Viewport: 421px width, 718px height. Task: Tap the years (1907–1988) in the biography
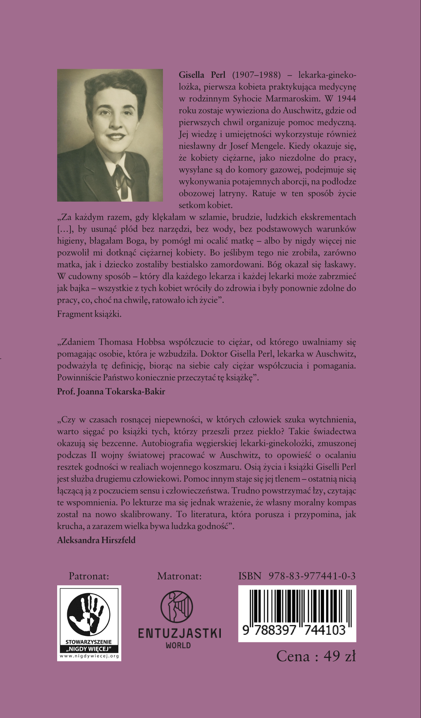tap(256, 75)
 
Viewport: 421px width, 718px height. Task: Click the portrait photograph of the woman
tap(110, 135)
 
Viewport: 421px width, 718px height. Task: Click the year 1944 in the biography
tap(346, 99)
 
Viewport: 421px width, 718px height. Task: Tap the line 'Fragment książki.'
tap(89, 314)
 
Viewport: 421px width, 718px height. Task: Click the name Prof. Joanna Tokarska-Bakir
tap(111, 391)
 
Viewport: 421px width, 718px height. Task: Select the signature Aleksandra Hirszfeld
tap(96, 540)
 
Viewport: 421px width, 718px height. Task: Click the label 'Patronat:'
tap(89, 576)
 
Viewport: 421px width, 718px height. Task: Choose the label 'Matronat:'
tap(179, 576)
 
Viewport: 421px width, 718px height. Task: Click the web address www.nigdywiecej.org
tap(89, 656)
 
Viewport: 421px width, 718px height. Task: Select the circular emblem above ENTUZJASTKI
tap(177, 607)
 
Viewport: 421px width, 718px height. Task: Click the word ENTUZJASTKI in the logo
tap(179, 633)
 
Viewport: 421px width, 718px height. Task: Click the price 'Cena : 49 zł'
tap(316, 656)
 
